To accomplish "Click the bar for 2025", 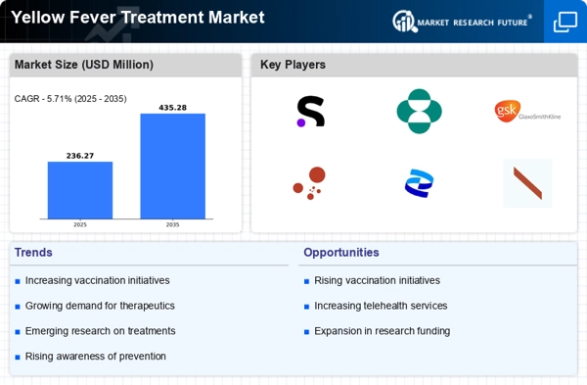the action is (80, 190).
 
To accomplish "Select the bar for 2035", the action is (172, 167).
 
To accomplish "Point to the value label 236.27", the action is (80, 156).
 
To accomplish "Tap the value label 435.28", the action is (172, 108).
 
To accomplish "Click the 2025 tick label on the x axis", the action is (80, 224).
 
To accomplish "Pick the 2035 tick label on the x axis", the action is (172, 224).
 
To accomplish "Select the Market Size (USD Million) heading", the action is (84, 65).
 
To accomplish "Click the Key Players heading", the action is (293, 65).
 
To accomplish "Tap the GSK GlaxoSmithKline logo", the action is (527, 111).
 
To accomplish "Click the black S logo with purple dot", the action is (310, 112).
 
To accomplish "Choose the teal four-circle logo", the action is (420, 111).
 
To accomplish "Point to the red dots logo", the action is (309, 183).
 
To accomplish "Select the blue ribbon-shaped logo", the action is (419, 183).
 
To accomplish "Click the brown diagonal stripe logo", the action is (527, 183).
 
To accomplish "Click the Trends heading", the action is (33, 253).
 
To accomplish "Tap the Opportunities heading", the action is (341, 253).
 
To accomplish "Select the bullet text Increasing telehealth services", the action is (381, 306).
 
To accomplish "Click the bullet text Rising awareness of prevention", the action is (96, 357).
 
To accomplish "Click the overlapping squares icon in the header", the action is (565, 22).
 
